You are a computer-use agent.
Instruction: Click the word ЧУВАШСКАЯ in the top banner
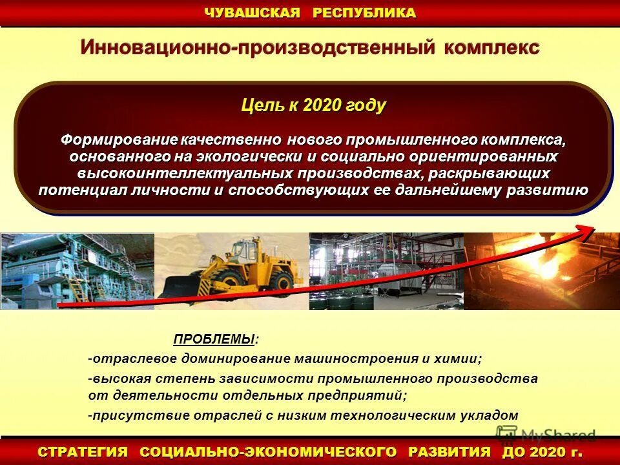click(x=253, y=13)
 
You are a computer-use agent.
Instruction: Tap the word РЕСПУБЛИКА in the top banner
click(x=364, y=13)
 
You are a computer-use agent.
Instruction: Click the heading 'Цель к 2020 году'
click(x=313, y=106)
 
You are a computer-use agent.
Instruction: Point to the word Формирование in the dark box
click(x=119, y=140)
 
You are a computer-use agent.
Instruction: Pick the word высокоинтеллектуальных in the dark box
click(x=185, y=174)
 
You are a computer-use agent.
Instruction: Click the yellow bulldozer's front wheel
click(x=280, y=282)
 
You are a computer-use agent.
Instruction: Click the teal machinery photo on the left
click(x=77, y=271)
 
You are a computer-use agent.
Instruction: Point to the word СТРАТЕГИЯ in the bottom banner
click(x=83, y=451)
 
